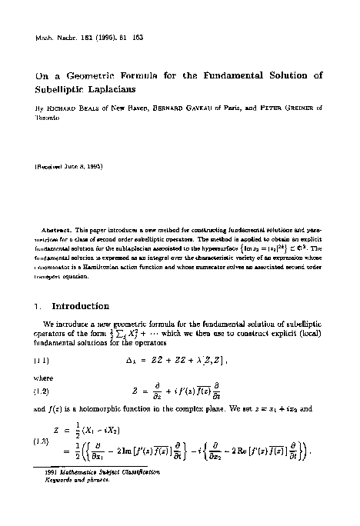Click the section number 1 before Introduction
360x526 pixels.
click(38, 306)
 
